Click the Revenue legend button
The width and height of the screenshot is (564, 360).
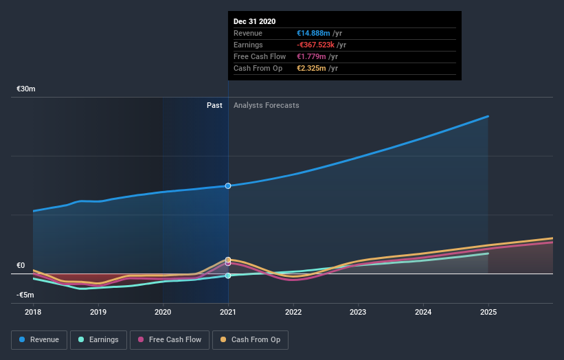pyautogui.click(x=39, y=339)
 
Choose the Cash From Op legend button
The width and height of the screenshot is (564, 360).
pyautogui.click(x=250, y=339)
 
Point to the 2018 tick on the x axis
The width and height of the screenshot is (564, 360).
pyautogui.click(x=33, y=311)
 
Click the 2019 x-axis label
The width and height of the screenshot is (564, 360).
pyautogui.click(x=98, y=311)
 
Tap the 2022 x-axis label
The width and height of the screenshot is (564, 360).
pyautogui.click(x=293, y=311)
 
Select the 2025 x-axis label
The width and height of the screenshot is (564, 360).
pyautogui.click(x=488, y=311)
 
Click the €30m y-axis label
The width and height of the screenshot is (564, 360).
pyautogui.click(x=26, y=89)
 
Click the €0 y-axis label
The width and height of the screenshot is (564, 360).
pyautogui.click(x=21, y=265)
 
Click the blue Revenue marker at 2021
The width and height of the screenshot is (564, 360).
pyautogui.click(x=228, y=185)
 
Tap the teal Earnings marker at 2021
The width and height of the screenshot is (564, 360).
pyautogui.click(x=228, y=275)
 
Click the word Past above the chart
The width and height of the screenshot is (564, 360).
pyautogui.click(x=214, y=105)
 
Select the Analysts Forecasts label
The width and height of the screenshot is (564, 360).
pyautogui.click(x=267, y=105)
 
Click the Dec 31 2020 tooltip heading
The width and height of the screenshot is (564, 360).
pyautogui.click(x=255, y=21)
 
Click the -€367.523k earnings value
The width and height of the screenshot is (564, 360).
pyautogui.click(x=321, y=45)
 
